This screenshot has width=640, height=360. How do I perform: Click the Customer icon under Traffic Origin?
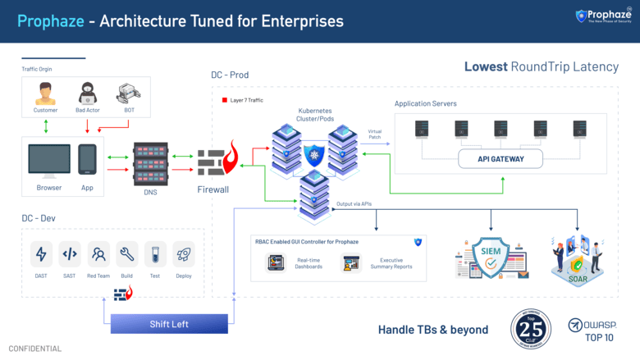[45, 93]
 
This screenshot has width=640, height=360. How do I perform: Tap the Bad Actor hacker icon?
[88, 92]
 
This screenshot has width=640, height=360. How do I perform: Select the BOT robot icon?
[126, 92]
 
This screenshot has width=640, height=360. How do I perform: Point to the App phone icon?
[88, 159]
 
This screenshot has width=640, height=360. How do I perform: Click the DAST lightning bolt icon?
[41, 254]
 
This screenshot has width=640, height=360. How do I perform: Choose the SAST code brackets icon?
[70, 254]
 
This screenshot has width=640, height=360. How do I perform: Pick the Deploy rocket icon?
[184, 254]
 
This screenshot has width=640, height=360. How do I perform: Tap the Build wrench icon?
[126, 254]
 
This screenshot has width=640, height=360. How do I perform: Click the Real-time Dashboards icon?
[276, 263]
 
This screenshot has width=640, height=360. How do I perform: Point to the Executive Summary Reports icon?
[352, 263]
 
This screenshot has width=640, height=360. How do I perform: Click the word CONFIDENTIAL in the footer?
[35, 349]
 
